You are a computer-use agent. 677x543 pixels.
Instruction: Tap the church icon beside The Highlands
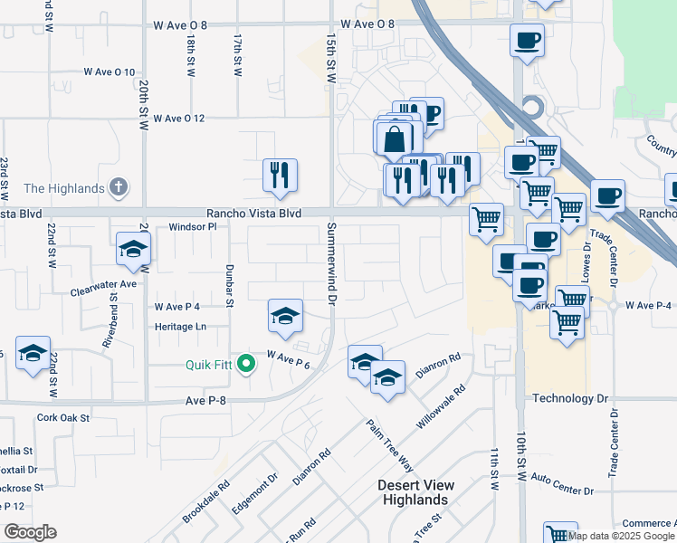click(117, 188)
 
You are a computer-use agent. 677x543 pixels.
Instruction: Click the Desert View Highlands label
click(416, 492)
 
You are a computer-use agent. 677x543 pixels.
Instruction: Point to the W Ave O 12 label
click(179, 119)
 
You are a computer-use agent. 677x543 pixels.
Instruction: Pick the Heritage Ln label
click(181, 326)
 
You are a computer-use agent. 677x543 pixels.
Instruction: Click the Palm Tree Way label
click(389, 445)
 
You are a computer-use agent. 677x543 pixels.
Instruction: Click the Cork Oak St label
click(63, 418)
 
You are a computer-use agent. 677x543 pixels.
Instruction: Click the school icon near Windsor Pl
click(133, 249)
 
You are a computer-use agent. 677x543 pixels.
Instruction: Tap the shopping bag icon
click(395, 138)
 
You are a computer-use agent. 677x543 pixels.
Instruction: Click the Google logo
click(30, 532)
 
